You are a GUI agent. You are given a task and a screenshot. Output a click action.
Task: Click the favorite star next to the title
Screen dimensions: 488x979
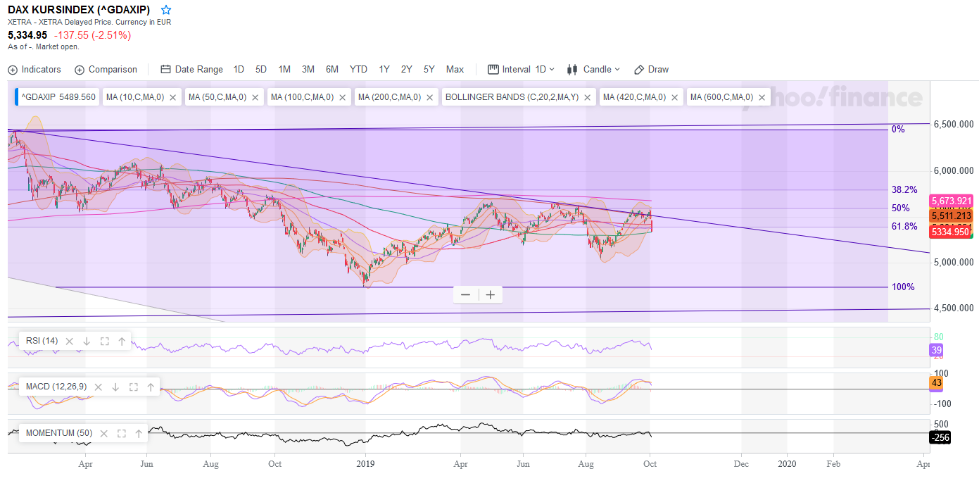(x=166, y=10)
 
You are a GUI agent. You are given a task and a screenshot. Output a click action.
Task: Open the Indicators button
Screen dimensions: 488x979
(x=34, y=70)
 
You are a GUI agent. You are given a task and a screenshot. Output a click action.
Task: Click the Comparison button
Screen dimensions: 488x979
(x=106, y=70)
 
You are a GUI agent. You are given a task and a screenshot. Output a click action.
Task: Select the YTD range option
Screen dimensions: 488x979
(x=358, y=70)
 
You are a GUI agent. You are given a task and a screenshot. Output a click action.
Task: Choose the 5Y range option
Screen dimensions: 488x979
(x=429, y=70)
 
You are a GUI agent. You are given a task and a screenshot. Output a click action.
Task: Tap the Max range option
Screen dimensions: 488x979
(x=455, y=70)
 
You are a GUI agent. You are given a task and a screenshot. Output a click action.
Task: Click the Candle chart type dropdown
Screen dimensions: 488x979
(x=593, y=70)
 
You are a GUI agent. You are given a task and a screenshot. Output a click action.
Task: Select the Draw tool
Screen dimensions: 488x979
(x=652, y=70)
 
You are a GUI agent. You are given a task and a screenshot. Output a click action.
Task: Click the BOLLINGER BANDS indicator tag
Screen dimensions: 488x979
(x=512, y=97)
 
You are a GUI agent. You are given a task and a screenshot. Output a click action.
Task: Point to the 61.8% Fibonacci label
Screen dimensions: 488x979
(x=904, y=226)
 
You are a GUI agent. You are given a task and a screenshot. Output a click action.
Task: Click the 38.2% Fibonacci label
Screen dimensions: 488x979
(x=904, y=189)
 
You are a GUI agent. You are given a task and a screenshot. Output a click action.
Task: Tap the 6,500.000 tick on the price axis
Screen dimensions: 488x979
(x=954, y=124)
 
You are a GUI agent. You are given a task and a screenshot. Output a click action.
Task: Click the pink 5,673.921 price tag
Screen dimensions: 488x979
(x=951, y=201)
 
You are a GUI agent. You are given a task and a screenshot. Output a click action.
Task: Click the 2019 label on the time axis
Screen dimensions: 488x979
(x=365, y=464)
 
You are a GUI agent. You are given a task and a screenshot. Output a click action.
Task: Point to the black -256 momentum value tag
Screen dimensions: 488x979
(x=940, y=437)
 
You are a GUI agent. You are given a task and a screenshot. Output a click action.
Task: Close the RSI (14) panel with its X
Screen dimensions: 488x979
(x=69, y=342)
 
